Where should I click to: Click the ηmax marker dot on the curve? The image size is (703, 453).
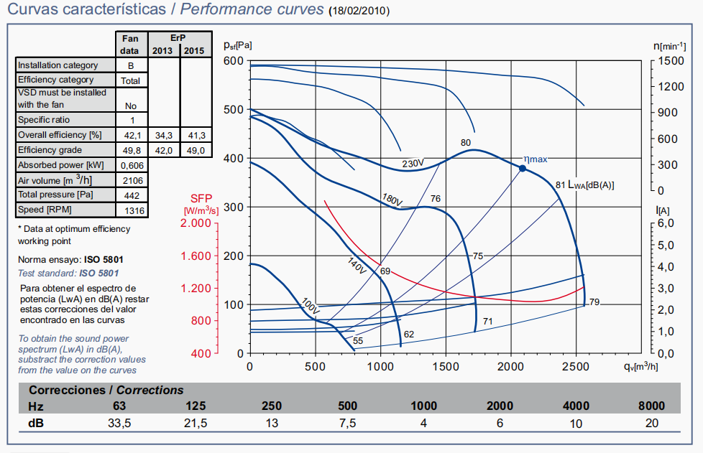pyautogui.click(x=523, y=168)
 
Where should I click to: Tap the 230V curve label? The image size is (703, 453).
pyautogui.click(x=413, y=163)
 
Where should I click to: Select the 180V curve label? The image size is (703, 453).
pyautogui.click(x=392, y=198)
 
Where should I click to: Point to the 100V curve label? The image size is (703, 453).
pyautogui.click(x=311, y=305)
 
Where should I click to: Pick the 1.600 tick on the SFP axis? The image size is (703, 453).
pyautogui.click(x=194, y=256)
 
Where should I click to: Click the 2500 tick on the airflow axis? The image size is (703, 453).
pyautogui.click(x=577, y=366)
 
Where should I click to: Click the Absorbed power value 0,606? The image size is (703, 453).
pyautogui.click(x=131, y=165)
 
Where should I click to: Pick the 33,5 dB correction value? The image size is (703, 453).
pyautogui.click(x=119, y=423)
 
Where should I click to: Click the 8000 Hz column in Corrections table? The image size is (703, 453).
pyautogui.click(x=651, y=406)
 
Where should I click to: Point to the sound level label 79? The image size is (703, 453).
pyautogui.click(x=594, y=302)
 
